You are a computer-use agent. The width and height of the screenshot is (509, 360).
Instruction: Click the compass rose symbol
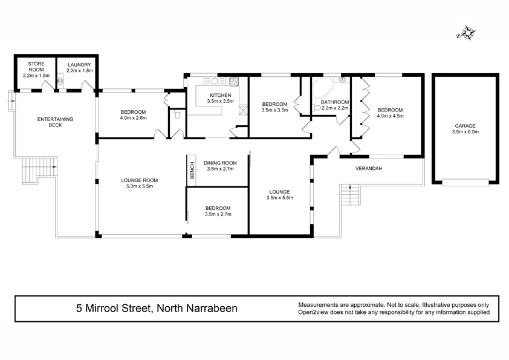[465, 33]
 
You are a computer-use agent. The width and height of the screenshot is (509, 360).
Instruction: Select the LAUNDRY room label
[79, 65]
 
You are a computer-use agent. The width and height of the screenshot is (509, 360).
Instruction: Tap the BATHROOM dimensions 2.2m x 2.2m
[334, 108]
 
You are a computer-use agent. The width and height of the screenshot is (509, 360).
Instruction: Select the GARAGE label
[465, 126]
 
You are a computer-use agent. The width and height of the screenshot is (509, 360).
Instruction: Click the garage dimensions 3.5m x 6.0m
[465, 133]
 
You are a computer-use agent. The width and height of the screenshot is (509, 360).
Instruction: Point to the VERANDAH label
[369, 169]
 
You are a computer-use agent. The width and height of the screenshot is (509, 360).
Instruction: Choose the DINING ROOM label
[220, 163]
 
